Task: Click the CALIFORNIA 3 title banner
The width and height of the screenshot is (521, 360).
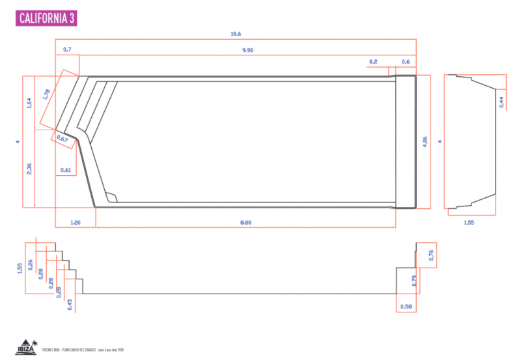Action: pyautogui.click(x=46, y=18)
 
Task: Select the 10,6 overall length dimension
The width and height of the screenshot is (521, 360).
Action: pyautogui.click(x=236, y=33)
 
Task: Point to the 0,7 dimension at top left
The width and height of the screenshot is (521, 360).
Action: pyautogui.click(x=67, y=49)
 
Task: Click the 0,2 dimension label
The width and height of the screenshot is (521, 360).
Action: pyautogui.click(x=373, y=62)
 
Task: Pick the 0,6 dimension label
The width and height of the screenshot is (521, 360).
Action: pyautogui.click(x=406, y=62)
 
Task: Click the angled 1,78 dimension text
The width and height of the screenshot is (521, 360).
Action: pyautogui.click(x=46, y=94)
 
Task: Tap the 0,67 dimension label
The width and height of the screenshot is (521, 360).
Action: pyautogui.click(x=63, y=138)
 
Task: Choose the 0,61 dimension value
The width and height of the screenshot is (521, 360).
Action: pyautogui.click(x=66, y=170)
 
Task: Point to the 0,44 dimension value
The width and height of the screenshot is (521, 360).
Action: pyautogui.click(x=501, y=102)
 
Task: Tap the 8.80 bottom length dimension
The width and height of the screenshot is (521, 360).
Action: pyautogui.click(x=245, y=223)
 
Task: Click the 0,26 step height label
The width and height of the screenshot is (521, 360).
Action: pyautogui.click(x=30, y=264)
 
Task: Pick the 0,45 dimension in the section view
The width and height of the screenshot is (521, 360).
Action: pyautogui.click(x=70, y=304)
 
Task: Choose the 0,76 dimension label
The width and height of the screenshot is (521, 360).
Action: pyautogui.click(x=430, y=256)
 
